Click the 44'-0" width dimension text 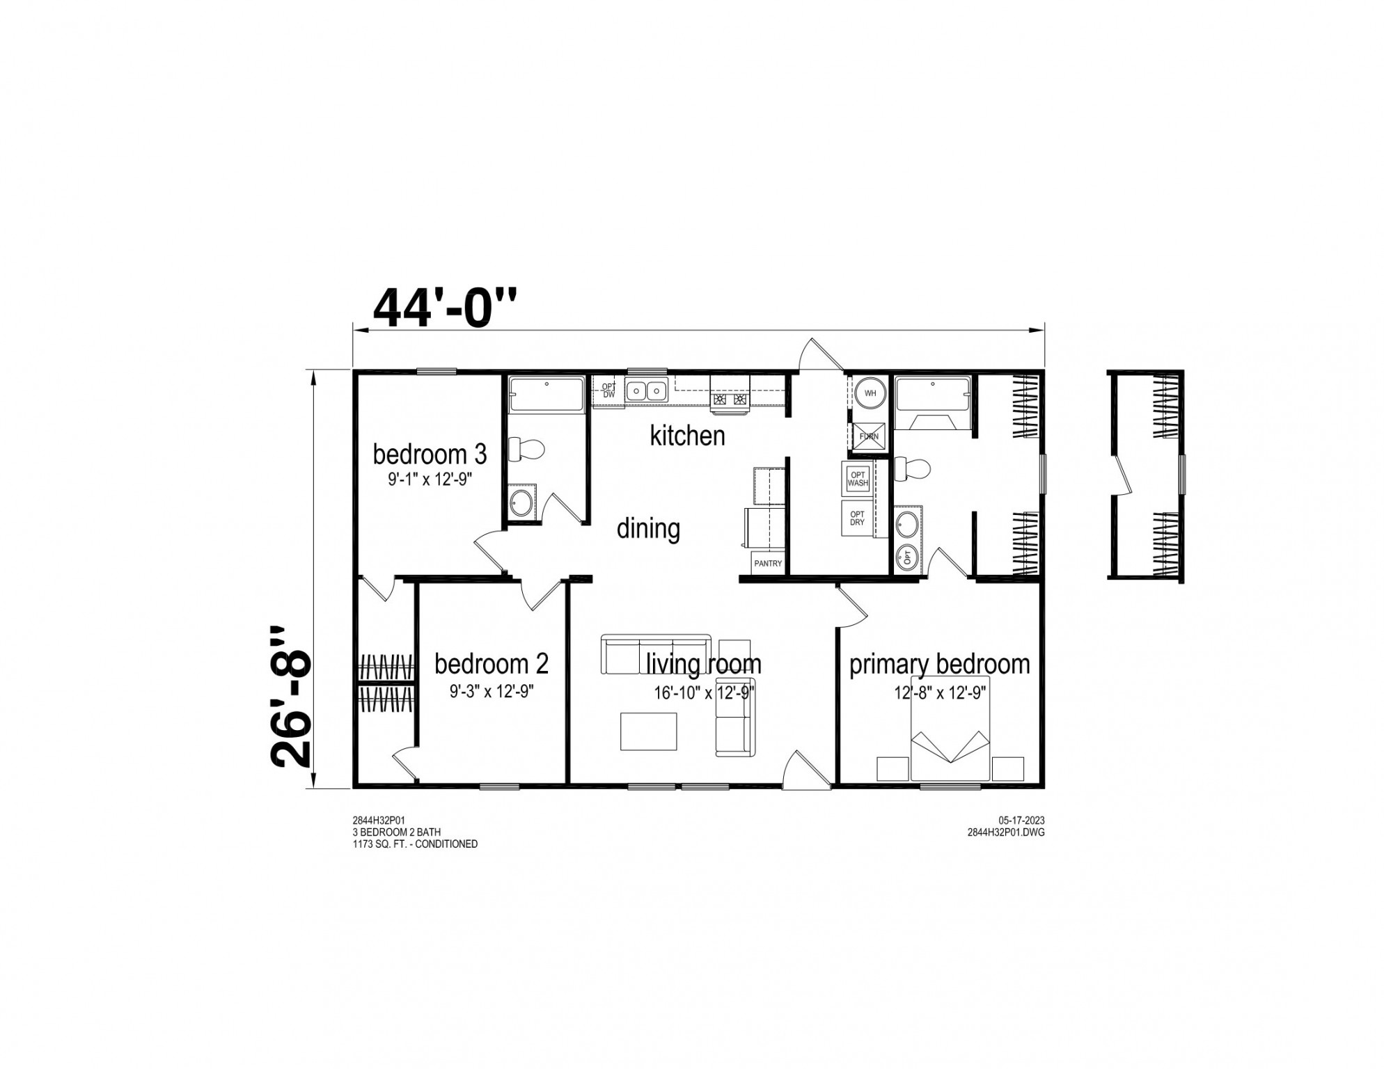coord(446,308)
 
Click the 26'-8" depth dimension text coord(291,696)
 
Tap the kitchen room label coord(687,436)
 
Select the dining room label coord(648,529)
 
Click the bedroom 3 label coord(430,454)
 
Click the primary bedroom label coord(939,665)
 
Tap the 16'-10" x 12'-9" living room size coord(704,693)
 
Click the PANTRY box coord(768,563)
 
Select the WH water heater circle coord(870,393)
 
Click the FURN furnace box coord(869,436)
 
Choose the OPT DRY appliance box coord(857,518)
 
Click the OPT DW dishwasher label coord(609,390)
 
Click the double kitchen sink coord(646,390)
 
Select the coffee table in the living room coord(648,731)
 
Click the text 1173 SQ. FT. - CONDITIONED coord(415,844)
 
